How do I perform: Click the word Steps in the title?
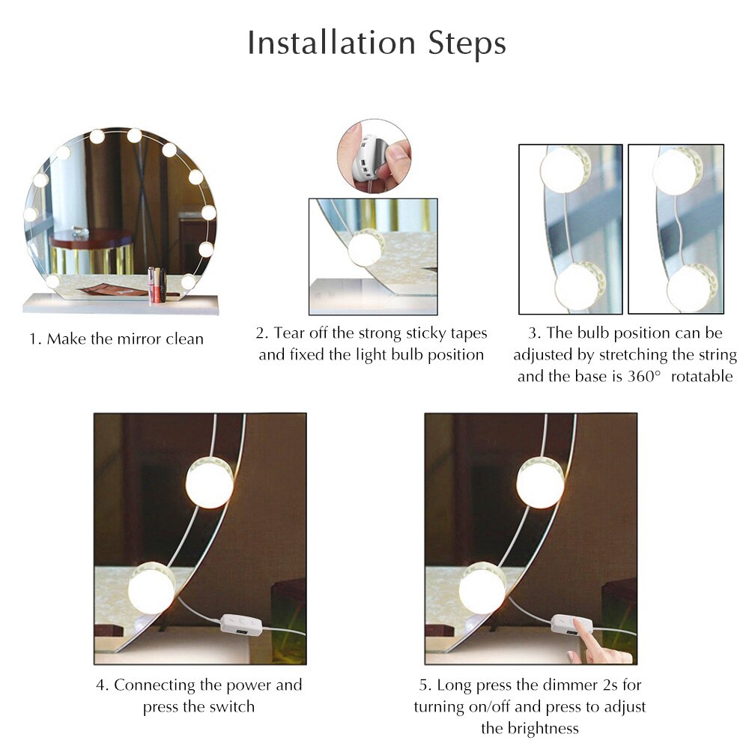[x=467, y=44]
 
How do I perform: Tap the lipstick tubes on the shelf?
[x=157, y=285]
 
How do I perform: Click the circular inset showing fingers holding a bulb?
[x=373, y=156]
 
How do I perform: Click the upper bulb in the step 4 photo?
[x=210, y=482]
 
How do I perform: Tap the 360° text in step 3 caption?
[x=643, y=377]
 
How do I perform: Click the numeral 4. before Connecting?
[x=102, y=685]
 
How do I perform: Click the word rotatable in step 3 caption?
[x=702, y=377]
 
